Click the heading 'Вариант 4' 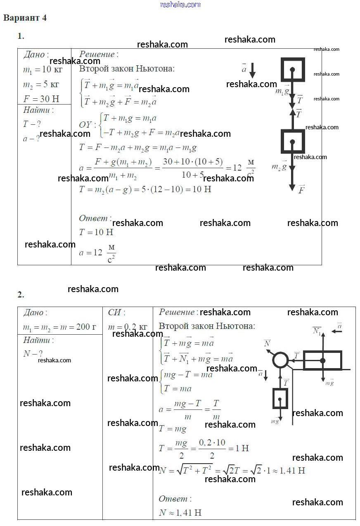(x=25, y=18)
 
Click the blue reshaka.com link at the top (x=180, y=5)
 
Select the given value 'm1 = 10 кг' (x=43, y=70)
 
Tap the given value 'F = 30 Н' (x=41, y=99)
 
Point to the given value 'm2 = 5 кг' (x=41, y=85)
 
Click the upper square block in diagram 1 (x=293, y=69)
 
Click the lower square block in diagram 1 (x=293, y=141)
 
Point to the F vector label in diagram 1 (x=301, y=190)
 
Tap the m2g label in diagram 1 (x=279, y=166)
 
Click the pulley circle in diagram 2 (x=280, y=360)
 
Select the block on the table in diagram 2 (x=322, y=360)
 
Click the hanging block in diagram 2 (x=280, y=399)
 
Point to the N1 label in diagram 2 (x=317, y=331)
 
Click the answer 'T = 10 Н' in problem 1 (x=96, y=232)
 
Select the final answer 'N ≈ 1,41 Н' (x=180, y=513)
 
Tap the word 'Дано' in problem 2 (x=35, y=313)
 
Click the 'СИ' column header (x=116, y=313)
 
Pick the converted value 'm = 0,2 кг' (x=127, y=327)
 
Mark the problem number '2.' (x=21, y=295)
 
